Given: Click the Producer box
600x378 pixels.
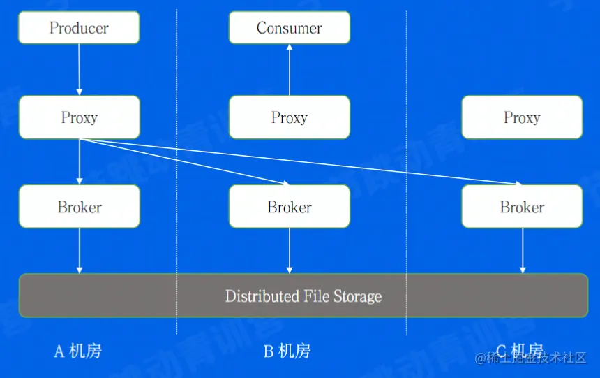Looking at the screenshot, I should pyautogui.click(x=79, y=28).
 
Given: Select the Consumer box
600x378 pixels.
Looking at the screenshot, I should pyautogui.click(x=290, y=28).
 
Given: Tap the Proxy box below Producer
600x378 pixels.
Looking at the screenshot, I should pyautogui.click(x=79, y=117).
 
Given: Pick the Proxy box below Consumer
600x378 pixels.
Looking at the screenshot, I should pyautogui.click(x=290, y=117).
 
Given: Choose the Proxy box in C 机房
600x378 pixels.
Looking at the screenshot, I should pyautogui.click(x=522, y=117).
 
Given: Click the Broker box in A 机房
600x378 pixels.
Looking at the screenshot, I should pyautogui.click(x=79, y=207).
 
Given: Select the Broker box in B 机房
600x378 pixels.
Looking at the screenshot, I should pyautogui.click(x=290, y=207).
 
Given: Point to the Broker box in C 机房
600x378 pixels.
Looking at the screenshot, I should pyautogui.click(x=522, y=207).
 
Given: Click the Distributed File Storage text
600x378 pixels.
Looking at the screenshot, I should pyautogui.click(x=303, y=296).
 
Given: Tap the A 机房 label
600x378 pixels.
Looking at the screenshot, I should pyautogui.click(x=78, y=351).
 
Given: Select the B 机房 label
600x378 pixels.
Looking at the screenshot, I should pyautogui.click(x=287, y=351).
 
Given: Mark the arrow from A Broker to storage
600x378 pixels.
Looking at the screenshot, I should pyautogui.click(x=79, y=250).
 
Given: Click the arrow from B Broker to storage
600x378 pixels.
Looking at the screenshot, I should pyautogui.click(x=290, y=250).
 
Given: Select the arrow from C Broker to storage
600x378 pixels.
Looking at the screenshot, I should pyautogui.click(x=523, y=250).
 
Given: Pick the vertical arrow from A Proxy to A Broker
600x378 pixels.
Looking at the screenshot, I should pyautogui.click(x=79, y=162).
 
